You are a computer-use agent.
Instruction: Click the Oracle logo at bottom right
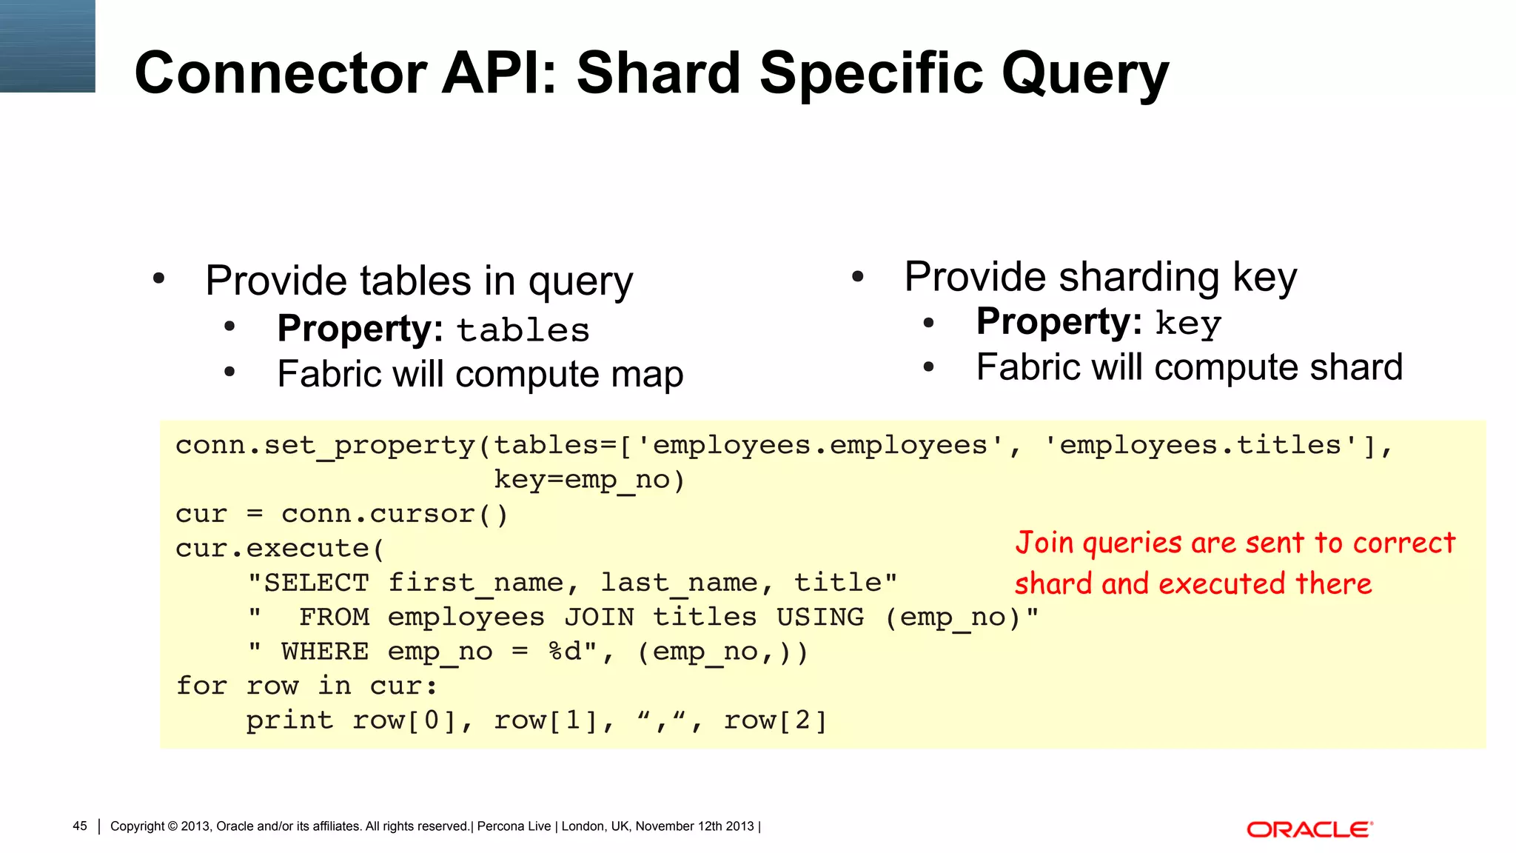click(x=1309, y=829)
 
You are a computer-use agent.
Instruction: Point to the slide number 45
click(x=80, y=826)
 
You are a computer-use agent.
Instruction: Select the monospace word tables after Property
click(x=523, y=330)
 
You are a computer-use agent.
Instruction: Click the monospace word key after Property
click(x=1188, y=324)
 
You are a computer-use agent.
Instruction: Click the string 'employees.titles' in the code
click(x=1201, y=445)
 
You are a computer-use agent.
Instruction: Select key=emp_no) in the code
click(x=589, y=480)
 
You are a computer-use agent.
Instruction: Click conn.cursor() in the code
click(x=395, y=514)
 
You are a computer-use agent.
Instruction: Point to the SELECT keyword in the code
click(x=316, y=583)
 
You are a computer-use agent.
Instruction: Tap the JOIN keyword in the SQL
click(x=599, y=617)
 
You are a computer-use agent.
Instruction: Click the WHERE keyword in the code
click(x=325, y=652)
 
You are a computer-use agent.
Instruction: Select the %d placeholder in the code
click(x=566, y=652)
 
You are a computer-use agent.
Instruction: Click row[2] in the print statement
click(x=774, y=720)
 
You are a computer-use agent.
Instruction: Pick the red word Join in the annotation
click(x=1044, y=543)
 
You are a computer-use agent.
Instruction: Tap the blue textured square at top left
click(x=47, y=46)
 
